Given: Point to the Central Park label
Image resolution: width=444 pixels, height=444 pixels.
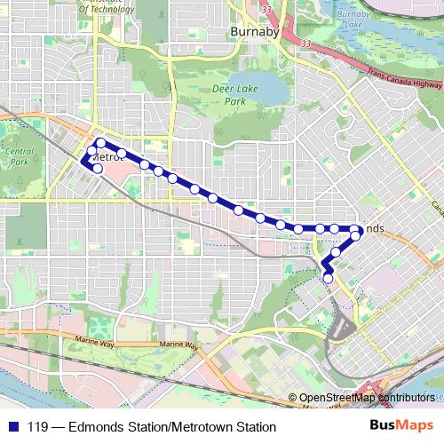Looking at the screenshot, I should (x=19, y=157).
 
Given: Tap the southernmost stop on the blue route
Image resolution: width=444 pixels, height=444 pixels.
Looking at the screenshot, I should (x=328, y=279).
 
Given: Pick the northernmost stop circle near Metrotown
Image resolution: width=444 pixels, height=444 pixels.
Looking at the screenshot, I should (x=101, y=143).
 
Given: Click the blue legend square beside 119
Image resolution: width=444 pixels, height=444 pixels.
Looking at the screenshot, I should (x=12, y=425).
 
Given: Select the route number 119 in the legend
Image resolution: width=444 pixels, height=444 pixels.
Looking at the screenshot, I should (x=38, y=425).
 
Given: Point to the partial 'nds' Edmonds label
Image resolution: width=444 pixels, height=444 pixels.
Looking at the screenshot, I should (x=373, y=228).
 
